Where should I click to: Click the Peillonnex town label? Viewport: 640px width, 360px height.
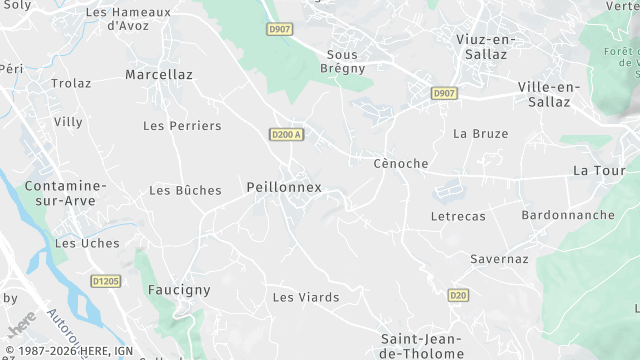[284, 187]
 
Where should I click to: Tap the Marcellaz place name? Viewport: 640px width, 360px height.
[159, 74]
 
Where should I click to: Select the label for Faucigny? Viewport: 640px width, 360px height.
[179, 290]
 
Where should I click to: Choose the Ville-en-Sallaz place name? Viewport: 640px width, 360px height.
[549, 95]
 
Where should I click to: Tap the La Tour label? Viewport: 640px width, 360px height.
[599, 170]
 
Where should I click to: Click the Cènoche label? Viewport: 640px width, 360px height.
[400, 163]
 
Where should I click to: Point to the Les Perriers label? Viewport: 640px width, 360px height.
[182, 126]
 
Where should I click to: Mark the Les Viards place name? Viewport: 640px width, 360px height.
[306, 297]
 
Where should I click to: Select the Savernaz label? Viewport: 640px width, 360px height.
[499, 259]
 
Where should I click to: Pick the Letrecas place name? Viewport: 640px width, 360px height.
[457, 216]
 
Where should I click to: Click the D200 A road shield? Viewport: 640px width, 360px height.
[286, 134]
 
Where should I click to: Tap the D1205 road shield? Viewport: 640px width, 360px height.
[104, 282]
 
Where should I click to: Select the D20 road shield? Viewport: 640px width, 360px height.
[458, 295]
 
